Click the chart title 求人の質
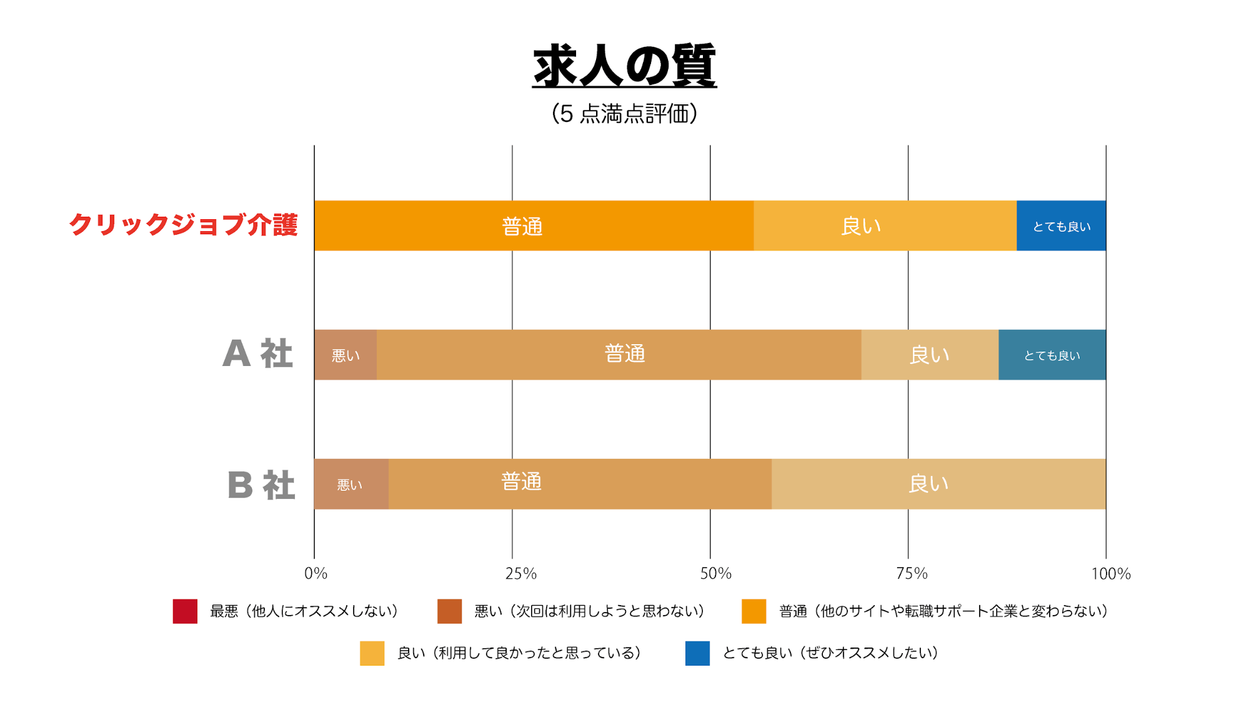(x=624, y=66)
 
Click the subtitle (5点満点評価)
(x=624, y=114)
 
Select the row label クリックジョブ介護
(x=183, y=225)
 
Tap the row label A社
(x=257, y=354)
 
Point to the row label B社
(x=261, y=485)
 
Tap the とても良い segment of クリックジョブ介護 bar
(x=1061, y=225)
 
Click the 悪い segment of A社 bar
(x=346, y=355)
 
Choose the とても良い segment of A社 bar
(x=1052, y=355)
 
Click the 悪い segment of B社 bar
(x=351, y=484)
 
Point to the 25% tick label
(x=520, y=573)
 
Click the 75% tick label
(x=912, y=573)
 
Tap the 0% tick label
(x=316, y=573)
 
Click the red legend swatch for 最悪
(x=185, y=611)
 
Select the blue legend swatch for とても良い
(x=697, y=653)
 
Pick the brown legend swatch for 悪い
(x=449, y=611)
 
